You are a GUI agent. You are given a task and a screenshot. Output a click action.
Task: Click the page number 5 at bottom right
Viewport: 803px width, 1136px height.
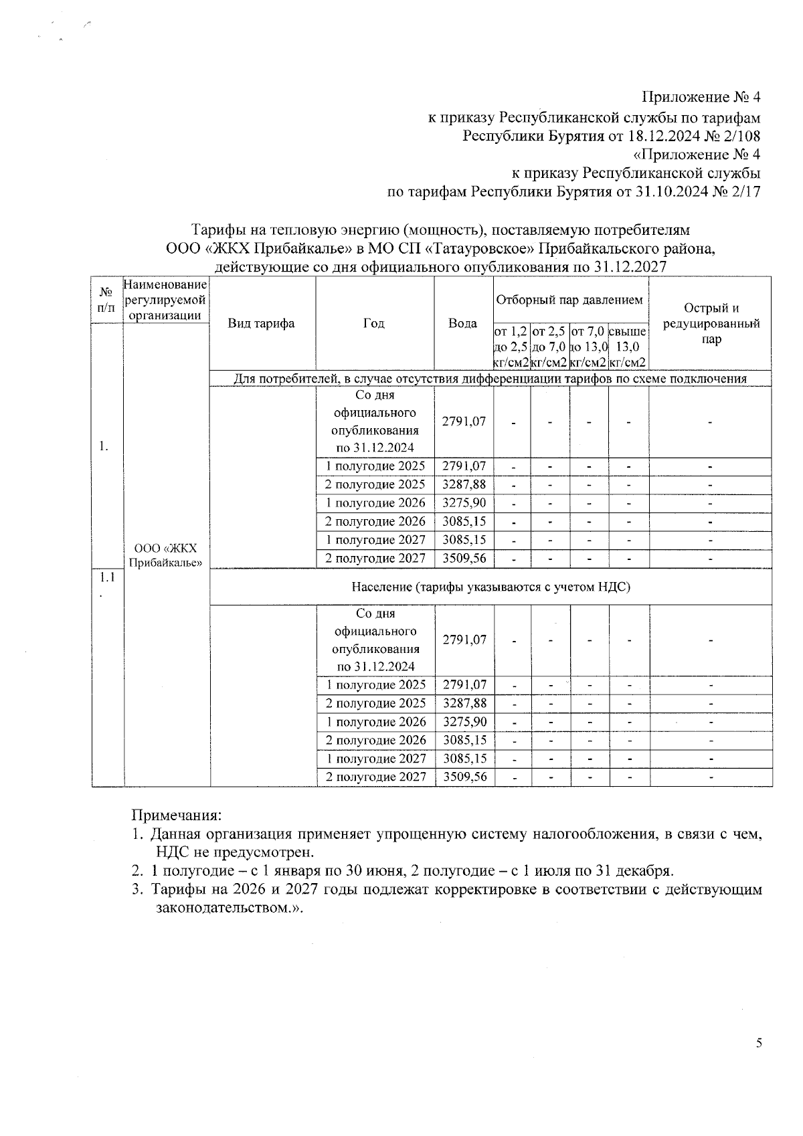click(x=758, y=1061)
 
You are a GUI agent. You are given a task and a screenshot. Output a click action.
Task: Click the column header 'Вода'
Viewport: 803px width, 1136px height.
click(x=462, y=324)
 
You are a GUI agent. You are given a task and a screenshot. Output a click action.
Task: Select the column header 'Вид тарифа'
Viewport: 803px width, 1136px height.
click(x=262, y=324)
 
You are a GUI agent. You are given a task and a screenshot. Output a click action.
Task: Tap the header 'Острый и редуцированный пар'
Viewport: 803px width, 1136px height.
click(x=711, y=324)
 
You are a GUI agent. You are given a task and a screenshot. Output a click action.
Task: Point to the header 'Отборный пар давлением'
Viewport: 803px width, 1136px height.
click(x=570, y=300)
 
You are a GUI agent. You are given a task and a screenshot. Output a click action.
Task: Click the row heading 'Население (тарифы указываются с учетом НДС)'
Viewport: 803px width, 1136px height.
click(x=491, y=587)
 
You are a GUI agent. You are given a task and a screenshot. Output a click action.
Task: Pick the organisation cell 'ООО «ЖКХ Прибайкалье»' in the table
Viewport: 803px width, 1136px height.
click(x=165, y=555)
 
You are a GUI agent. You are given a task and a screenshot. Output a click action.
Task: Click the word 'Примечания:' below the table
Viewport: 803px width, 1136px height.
click(x=175, y=816)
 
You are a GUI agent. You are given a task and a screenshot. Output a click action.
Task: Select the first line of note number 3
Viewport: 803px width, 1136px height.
click(x=455, y=890)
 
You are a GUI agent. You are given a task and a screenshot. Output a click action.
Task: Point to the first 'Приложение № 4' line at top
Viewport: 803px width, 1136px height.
click(x=701, y=98)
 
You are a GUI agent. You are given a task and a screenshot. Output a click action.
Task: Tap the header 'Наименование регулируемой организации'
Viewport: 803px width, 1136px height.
click(x=165, y=300)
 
